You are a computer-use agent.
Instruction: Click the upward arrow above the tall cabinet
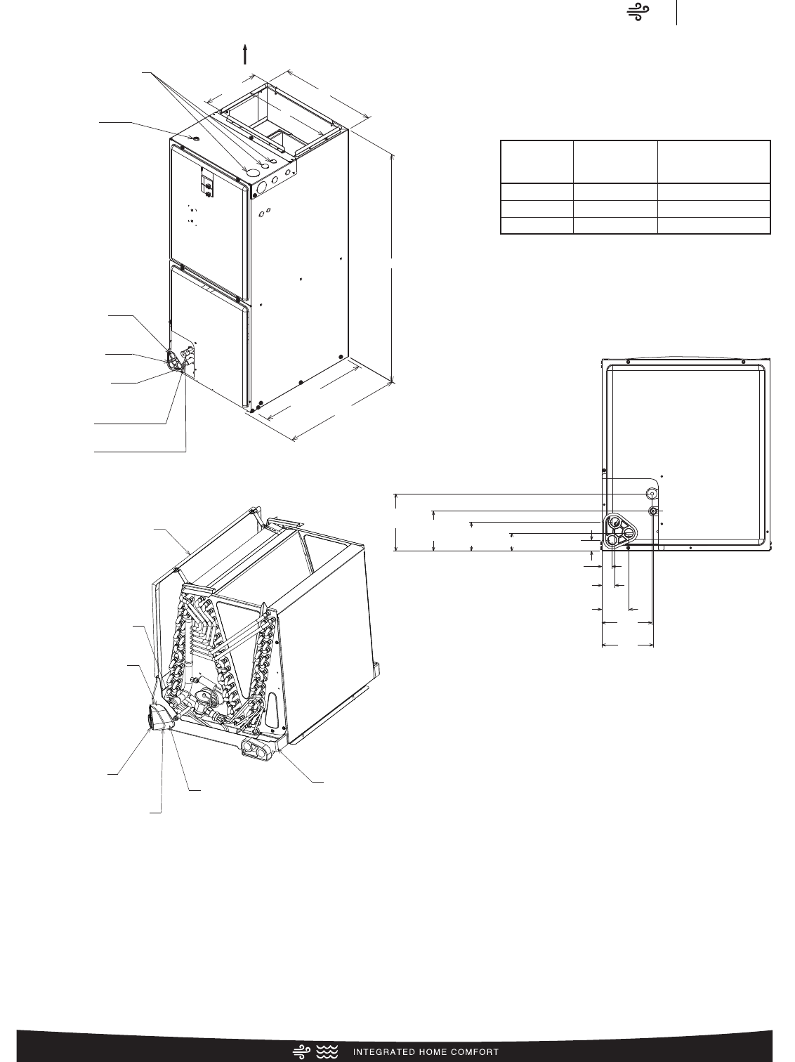245,53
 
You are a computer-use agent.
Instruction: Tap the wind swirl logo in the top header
638,12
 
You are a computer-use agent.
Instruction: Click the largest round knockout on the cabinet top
251,173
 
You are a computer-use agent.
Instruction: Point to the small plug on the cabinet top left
195,138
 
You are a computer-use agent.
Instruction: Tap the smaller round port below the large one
652,511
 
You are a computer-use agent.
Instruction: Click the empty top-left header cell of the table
537,162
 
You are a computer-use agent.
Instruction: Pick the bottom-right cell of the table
714,226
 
